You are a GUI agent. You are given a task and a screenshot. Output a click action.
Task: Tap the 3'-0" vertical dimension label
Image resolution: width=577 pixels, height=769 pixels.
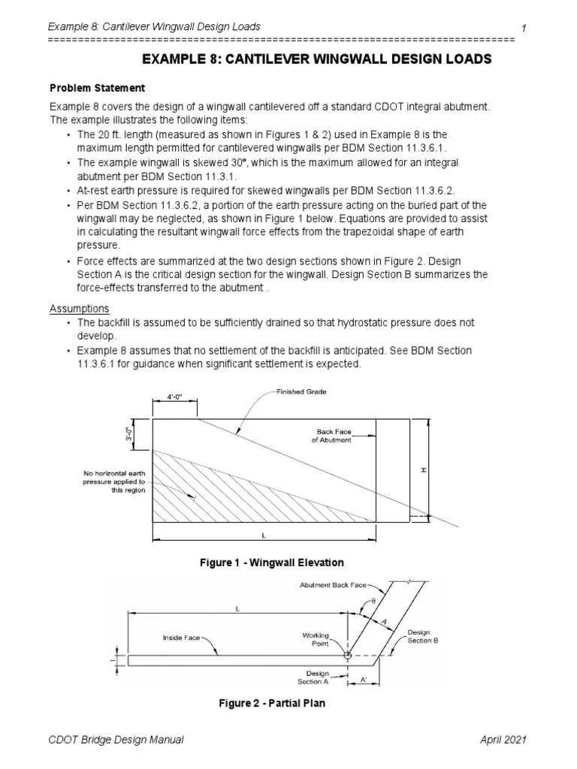[128, 435]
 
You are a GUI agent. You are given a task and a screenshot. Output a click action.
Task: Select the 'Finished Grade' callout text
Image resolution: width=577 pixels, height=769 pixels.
[302, 392]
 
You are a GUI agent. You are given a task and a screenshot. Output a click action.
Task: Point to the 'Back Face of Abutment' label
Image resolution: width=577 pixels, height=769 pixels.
[331, 436]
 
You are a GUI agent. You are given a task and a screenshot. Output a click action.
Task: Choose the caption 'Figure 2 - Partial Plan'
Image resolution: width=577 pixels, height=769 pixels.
[272, 704]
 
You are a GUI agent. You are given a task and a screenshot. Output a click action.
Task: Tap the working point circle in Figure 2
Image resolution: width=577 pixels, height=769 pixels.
[347, 656]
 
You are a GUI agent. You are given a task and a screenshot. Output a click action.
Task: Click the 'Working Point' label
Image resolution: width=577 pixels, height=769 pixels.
[316, 640]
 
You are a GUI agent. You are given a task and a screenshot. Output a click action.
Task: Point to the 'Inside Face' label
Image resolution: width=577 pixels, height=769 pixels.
[182, 638]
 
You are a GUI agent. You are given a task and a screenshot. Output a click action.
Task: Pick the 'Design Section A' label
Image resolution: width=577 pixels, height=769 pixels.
[313, 677]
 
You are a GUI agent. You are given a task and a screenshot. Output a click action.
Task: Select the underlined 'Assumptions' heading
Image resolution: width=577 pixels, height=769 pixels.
[79, 309]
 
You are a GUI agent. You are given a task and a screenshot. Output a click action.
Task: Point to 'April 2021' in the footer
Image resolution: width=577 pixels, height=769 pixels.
[503, 740]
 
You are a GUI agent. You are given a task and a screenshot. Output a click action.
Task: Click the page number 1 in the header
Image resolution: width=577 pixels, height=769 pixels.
[523, 28]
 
